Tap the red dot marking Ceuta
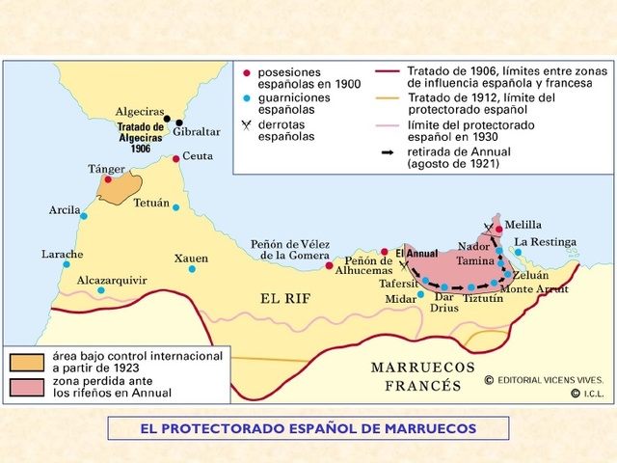point(175,158)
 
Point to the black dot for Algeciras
point(167,120)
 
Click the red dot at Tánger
point(108,179)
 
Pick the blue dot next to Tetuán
point(175,207)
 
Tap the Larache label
point(62,255)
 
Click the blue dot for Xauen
point(193,269)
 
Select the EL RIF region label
point(285,298)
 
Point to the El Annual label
point(416,253)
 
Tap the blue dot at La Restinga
point(518,253)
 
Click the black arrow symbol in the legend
point(388,151)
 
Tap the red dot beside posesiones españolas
point(248,73)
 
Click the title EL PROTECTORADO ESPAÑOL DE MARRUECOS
point(308,426)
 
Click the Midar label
point(400,299)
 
